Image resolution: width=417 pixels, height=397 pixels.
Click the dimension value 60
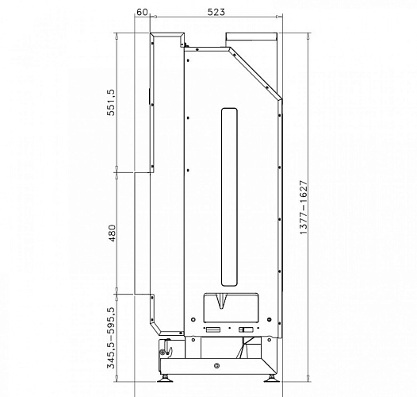[x=142, y=12]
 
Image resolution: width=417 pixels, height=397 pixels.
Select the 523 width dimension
[x=216, y=12]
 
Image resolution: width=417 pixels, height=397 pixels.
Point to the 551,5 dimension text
[x=112, y=102]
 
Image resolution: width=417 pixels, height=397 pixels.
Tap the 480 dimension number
[x=112, y=233]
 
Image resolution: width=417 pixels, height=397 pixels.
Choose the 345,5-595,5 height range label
[x=112, y=338]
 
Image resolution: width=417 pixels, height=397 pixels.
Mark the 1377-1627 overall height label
[x=304, y=207]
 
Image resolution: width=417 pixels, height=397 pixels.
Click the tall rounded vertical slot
[x=229, y=197]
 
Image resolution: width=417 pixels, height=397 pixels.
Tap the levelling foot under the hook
[x=165, y=379]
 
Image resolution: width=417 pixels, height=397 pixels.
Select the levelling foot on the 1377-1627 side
[x=272, y=379]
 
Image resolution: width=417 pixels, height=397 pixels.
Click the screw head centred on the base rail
[x=216, y=366]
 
